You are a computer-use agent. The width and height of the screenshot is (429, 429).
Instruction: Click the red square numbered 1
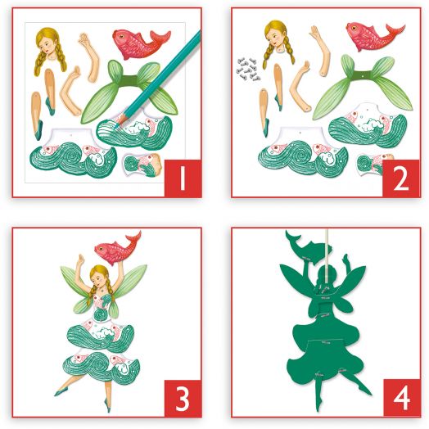(183, 178)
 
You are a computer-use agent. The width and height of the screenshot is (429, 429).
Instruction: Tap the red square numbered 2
(401, 178)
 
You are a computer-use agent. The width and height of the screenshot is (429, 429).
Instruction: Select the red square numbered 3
(183, 399)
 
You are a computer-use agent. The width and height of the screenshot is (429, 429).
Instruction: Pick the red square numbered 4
(402, 398)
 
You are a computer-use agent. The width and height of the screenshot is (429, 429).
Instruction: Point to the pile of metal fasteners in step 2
(247, 70)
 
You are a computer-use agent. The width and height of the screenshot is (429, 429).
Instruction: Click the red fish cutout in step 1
(140, 43)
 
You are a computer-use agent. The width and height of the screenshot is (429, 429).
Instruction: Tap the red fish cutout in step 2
(375, 36)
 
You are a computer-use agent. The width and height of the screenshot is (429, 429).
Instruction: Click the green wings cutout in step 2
(364, 86)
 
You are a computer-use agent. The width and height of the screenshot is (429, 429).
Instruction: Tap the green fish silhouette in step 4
(309, 246)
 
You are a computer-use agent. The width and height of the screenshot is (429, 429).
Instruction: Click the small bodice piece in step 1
(142, 165)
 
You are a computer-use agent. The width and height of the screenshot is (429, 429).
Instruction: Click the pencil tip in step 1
(117, 125)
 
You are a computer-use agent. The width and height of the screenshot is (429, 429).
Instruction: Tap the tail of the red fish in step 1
(160, 38)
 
